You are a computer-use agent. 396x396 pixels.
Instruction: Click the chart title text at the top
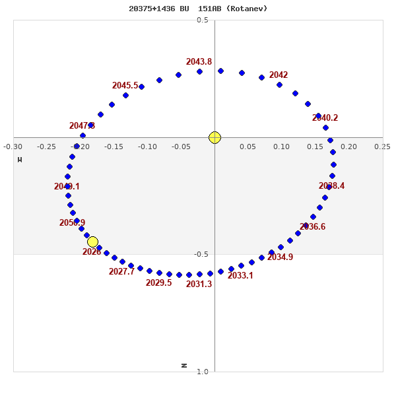click(x=198, y=9)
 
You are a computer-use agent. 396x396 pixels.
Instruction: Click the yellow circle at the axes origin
click(x=214, y=137)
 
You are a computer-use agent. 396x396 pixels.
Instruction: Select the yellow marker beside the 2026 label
click(x=92, y=242)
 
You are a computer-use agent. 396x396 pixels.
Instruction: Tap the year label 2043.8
click(x=199, y=62)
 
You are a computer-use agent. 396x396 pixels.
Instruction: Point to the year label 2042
click(x=279, y=75)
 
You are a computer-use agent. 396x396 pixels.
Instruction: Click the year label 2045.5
click(x=125, y=86)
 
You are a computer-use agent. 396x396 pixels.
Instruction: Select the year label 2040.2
click(x=325, y=118)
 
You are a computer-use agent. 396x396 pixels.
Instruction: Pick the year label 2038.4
click(x=331, y=186)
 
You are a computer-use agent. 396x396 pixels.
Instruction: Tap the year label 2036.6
click(x=312, y=227)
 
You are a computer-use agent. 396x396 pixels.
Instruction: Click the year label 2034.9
click(x=280, y=257)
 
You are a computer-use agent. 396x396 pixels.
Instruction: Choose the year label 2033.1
click(x=240, y=276)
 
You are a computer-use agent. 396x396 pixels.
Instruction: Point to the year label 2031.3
click(x=199, y=284)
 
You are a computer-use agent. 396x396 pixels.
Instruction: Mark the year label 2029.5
click(x=158, y=283)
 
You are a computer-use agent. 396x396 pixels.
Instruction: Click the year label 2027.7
click(x=121, y=272)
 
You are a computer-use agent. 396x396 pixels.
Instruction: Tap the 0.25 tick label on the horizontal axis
click(x=381, y=147)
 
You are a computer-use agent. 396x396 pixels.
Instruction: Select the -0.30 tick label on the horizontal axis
click(x=13, y=147)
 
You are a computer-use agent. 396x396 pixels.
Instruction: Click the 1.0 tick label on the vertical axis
click(x=203, y=372)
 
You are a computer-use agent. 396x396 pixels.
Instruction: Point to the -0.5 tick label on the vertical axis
click(x=201, y=254)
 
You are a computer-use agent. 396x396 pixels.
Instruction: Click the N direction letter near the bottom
click(x=184, y=365)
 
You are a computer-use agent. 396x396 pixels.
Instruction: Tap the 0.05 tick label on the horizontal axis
click(x=247, y=147)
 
